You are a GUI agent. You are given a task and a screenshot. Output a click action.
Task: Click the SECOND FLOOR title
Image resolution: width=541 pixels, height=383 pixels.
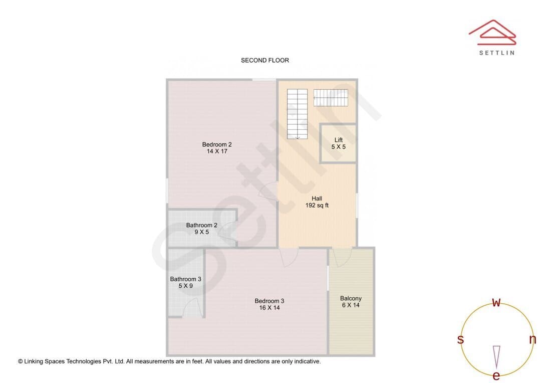coord(264,60)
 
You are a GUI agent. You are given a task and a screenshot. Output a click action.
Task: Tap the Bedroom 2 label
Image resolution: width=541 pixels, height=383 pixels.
coord(217,144)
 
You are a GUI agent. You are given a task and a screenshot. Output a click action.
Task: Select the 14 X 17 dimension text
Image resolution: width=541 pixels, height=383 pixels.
coord(217,151)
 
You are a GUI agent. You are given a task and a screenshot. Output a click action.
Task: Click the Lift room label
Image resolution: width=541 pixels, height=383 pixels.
coord(339,140)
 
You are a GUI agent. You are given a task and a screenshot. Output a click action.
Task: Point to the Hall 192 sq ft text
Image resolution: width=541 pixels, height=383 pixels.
coord(317,202)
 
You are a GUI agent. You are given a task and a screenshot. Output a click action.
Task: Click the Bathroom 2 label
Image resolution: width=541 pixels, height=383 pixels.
coord(201,225)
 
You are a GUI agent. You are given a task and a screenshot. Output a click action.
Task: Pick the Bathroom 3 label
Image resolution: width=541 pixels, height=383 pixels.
coord(185,279)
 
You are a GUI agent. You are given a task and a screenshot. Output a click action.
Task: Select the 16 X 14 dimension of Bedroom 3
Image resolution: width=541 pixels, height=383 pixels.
coord(269,308)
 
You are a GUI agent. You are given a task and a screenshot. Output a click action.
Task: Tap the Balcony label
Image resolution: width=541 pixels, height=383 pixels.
coord(351,298)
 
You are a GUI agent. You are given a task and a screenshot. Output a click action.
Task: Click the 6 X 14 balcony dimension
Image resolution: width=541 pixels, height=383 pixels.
coord(351,305)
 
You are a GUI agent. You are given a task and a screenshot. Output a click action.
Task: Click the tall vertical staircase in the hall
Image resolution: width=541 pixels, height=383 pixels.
coord(298,114)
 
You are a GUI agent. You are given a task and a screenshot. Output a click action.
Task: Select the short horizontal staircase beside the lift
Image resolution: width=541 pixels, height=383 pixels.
coord(331,98)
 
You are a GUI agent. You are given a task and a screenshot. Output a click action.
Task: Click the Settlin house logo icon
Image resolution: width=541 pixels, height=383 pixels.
coord(492,33)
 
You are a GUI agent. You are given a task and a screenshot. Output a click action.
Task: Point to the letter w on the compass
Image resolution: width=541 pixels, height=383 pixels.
coord(496,302)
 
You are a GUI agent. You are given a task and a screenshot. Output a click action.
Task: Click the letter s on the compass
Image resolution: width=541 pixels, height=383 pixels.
coord(460,339)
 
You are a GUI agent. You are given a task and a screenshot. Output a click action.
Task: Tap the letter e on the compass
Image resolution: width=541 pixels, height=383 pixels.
coord(496,375)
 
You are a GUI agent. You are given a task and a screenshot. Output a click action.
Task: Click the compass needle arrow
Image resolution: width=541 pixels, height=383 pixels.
coord(496,357)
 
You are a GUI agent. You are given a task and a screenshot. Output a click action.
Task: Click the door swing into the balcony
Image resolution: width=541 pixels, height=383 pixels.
coord(342,257)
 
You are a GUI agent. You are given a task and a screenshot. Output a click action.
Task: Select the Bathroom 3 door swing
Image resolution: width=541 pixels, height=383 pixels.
coord(192,308)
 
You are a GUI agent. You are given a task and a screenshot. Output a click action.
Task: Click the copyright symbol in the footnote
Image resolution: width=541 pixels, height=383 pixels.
coord(21,361)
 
